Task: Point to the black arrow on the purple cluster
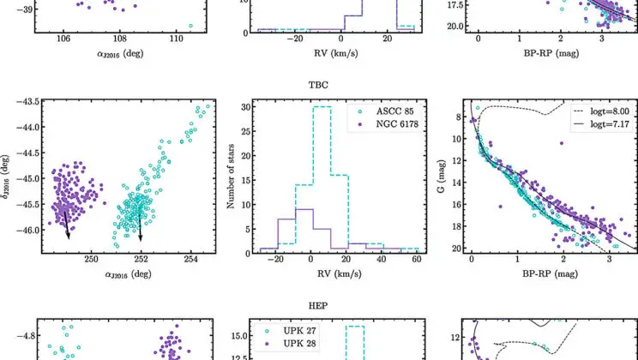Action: (64, 224)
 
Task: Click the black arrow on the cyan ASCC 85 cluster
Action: (140, 225)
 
